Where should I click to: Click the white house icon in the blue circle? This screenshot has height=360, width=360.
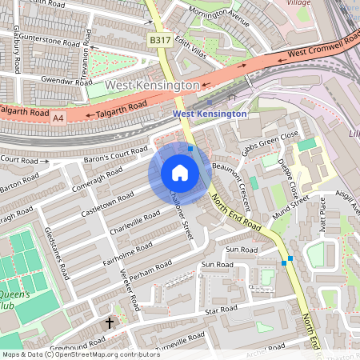tap(180, 173)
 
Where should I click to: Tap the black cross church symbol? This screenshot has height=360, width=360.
tap(110, 323)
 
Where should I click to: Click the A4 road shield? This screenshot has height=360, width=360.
tap(58, 118)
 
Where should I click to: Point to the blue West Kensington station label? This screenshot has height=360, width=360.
tap(210, 114)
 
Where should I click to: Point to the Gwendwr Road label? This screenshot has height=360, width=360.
tap(69, 82)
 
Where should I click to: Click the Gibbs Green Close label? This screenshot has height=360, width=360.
tap(273, 143)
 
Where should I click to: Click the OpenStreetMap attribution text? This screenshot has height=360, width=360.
tap(70, 354)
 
